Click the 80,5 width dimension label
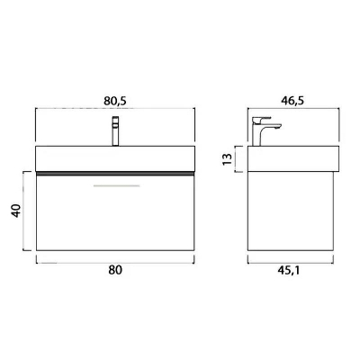click(115, 102)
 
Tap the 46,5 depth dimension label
click(292, 101)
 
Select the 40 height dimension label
click(16, 211)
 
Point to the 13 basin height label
click(228, 159)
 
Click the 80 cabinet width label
click(115, 270)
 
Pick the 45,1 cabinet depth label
click(288, 270)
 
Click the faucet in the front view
click(115, 131)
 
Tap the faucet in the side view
click(266, 131)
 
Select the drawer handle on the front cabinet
click(116, 186)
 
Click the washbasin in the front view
click(115, 158)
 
